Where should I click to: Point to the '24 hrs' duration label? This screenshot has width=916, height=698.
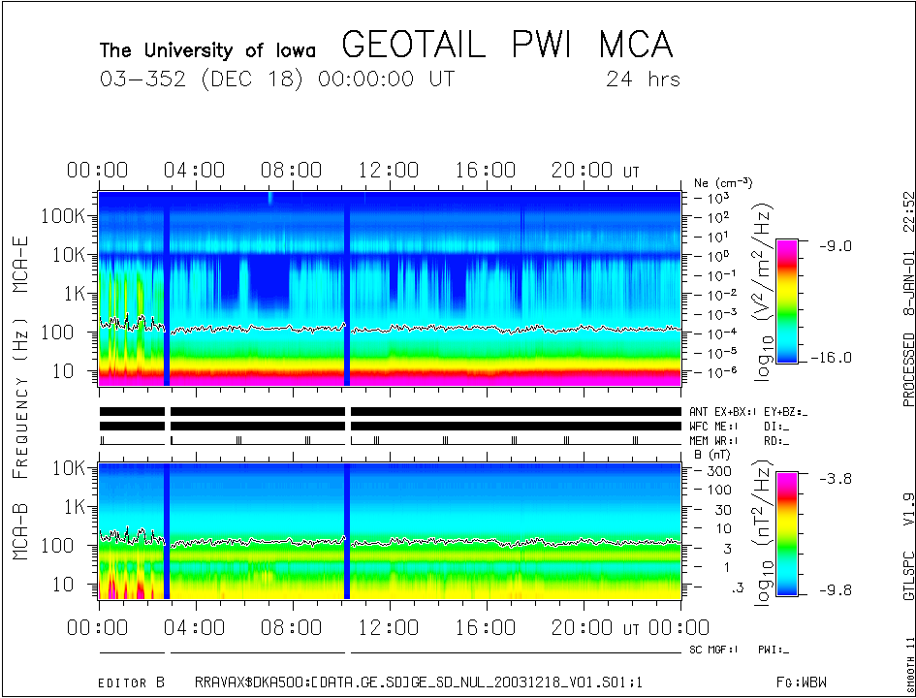pos(643,79)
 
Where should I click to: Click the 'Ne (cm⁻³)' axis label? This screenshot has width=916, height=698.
pos(723,182)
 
